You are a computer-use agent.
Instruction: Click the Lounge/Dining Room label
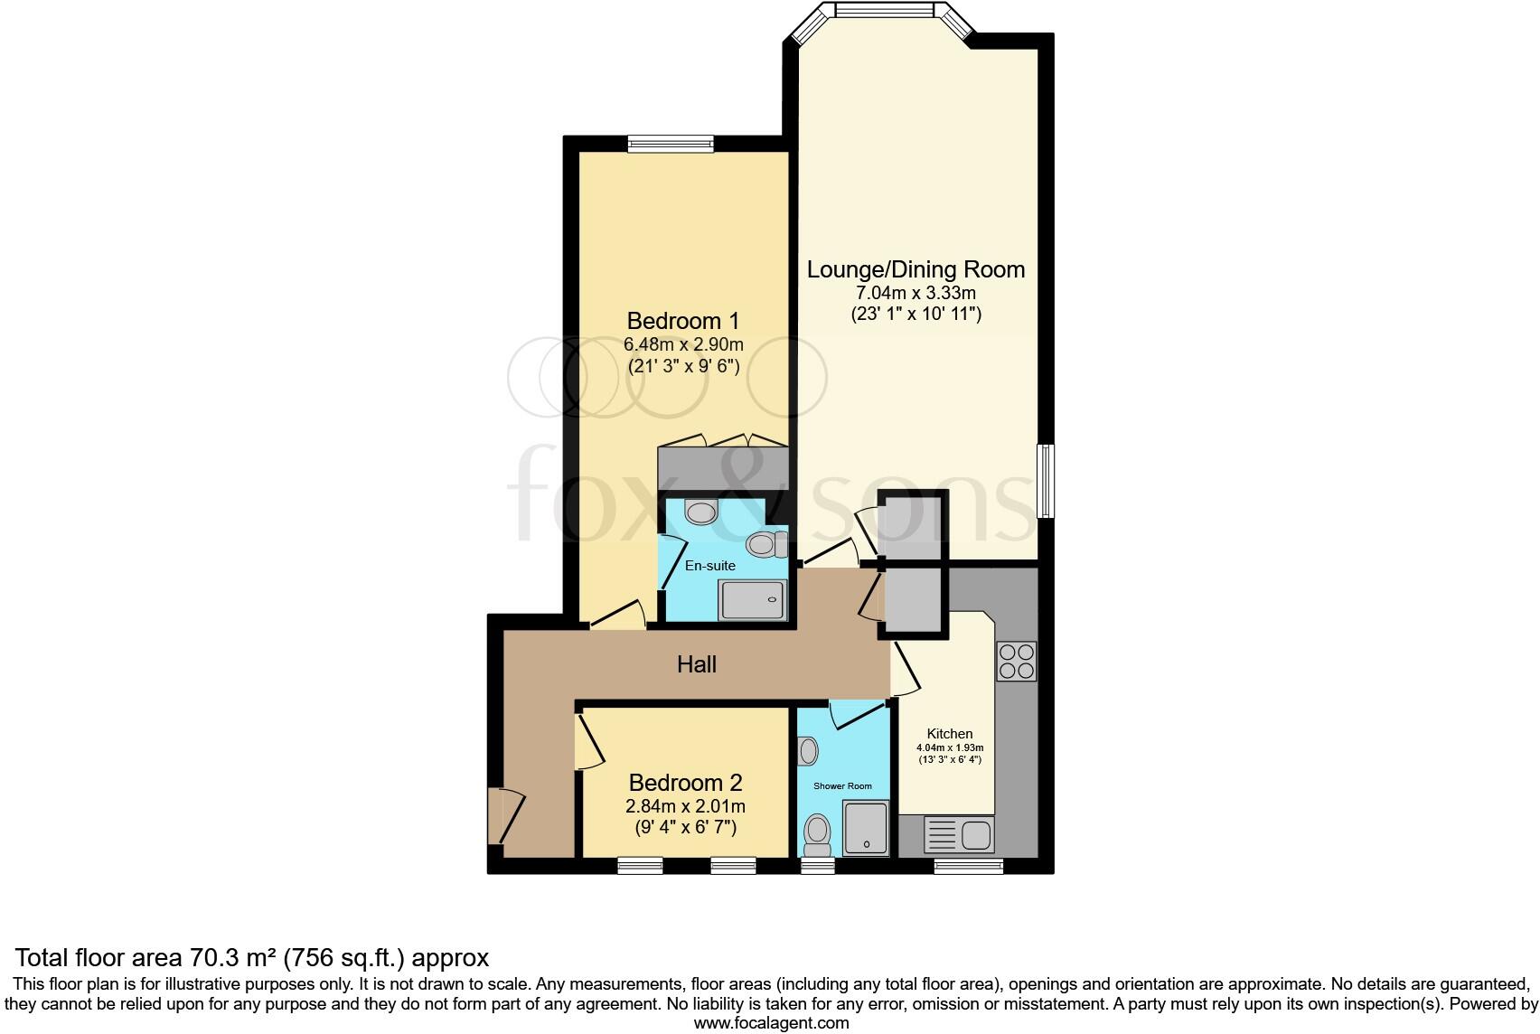click(916, 269)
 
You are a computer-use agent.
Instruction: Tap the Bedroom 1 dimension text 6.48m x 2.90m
click(683, 344)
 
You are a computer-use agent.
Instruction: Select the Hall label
click(697, 665)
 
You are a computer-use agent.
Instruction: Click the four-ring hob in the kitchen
click(1016, 661)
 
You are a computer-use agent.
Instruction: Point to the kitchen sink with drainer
click(959, 834)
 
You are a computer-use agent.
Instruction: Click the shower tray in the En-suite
click(752, 599)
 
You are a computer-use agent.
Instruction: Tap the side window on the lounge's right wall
click(1046, 480)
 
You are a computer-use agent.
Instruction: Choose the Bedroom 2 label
click(685, 783)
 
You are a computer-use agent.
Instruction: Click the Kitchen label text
click(950, 734)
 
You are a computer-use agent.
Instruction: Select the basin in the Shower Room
click(808, 750)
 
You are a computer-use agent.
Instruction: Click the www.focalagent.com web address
click(771, 1023)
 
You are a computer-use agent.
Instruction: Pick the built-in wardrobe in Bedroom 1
click(722, 467)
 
